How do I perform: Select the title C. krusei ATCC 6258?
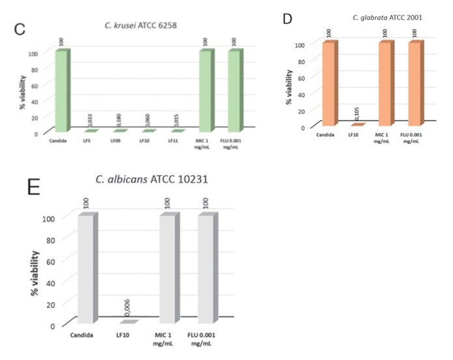coord(141,25)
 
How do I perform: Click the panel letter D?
coord(287,20)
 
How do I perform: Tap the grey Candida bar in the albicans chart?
coord(86,267)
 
